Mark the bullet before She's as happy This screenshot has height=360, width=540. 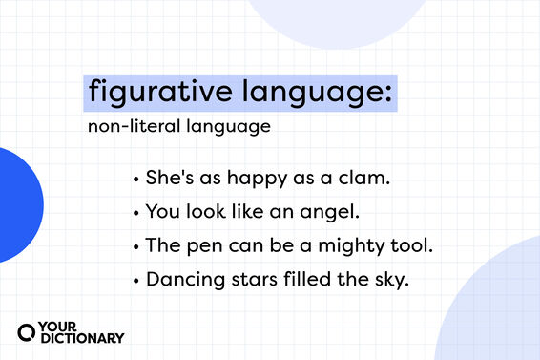coord(137,179)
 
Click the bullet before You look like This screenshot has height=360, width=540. coord(137,212)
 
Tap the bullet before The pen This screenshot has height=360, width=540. coord(137,245)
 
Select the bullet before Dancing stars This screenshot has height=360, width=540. coord(137,279)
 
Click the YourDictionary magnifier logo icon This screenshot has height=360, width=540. coord(29,331)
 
